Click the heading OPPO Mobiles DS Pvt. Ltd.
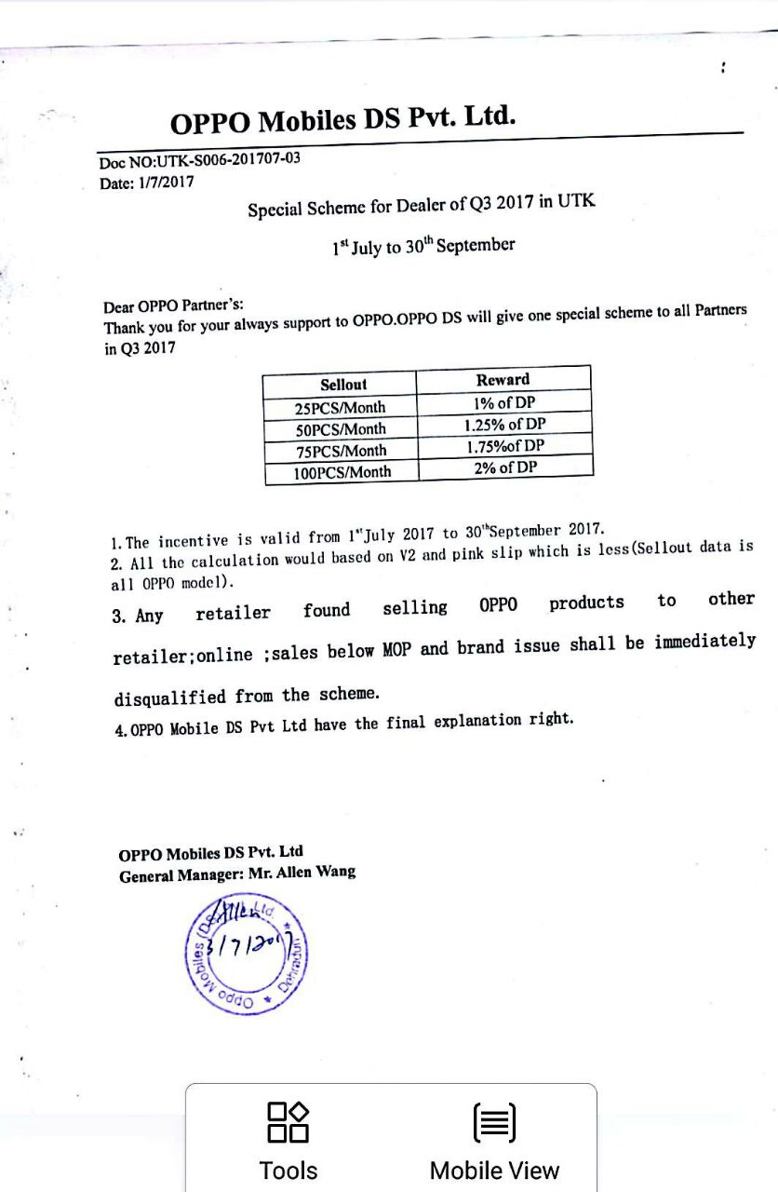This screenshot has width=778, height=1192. click(342, 120)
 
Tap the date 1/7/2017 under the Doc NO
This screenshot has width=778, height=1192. click(167, 183)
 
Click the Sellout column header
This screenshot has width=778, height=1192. click(342, 384)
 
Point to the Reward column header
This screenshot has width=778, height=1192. click(503, 379)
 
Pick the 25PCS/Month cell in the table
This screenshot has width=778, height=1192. click(340, 407)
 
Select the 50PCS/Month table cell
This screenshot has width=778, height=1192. click(341, 429)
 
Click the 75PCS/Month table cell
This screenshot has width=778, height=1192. click(341, 451)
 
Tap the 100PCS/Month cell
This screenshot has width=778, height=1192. click(342, 472)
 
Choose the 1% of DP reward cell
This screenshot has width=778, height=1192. click(504, 403)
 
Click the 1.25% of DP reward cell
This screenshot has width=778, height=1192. click(504, 425)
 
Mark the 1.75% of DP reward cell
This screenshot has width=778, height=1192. click(504, 446)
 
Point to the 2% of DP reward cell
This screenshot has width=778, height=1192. click(504, 467)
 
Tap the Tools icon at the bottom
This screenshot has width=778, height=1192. click(288, 1122)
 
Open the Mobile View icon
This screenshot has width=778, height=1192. click(494, 1122)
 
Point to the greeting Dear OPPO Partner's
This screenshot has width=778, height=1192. click(173, 305)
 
